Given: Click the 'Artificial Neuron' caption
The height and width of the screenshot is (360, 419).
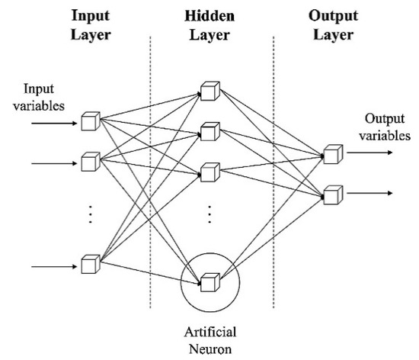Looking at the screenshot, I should point(211,340).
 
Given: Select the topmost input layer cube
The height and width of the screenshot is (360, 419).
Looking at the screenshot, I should point(91,120).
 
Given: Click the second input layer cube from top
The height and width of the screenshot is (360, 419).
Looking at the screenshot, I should point(91,162).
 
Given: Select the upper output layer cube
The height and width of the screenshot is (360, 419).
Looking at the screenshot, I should point(332,154).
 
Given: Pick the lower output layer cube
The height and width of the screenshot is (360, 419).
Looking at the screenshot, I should point(332,194).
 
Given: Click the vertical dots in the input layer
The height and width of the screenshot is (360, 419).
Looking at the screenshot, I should point(91,214).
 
